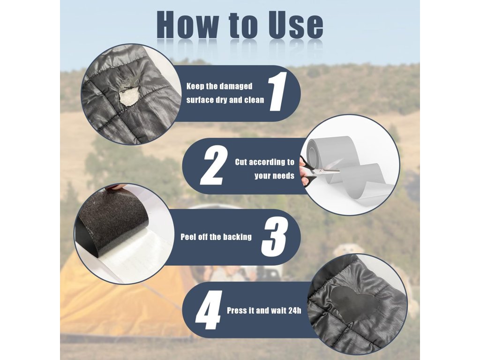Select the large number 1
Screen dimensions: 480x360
tap(278, 91)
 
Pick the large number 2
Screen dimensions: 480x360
tap(214, 165)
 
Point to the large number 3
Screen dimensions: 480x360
tap(274, 239)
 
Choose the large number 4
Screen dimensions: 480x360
tap(209, 310)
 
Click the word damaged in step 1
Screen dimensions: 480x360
tap(236, 87)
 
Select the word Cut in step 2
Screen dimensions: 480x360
tap(241, 162)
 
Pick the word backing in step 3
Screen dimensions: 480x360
tap(237, 237)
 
